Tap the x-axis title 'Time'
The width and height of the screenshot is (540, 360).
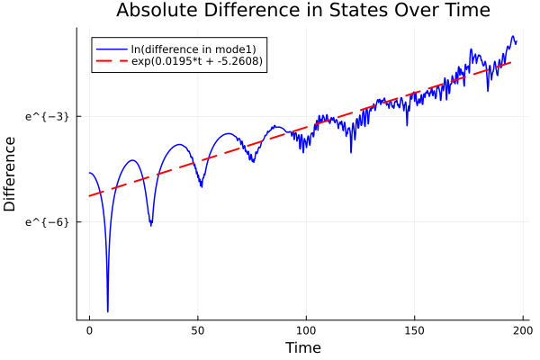click(302, 347)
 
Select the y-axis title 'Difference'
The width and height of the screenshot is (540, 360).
click(11, 174)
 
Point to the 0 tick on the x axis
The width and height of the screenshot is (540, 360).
click(89, 330)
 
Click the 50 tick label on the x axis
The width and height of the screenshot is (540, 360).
click(198, 330)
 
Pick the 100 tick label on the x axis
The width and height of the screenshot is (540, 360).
click(307, 330)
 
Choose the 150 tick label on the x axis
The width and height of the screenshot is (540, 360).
click(416, 330)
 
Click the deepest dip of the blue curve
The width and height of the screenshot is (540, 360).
click(107, 311)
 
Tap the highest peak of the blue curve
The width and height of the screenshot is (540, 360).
click(513, 37)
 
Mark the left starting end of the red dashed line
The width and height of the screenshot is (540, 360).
click(89, 195)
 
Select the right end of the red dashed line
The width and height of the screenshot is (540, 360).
click(512, 62)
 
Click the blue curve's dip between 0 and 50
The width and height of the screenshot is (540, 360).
click(150, 225)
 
